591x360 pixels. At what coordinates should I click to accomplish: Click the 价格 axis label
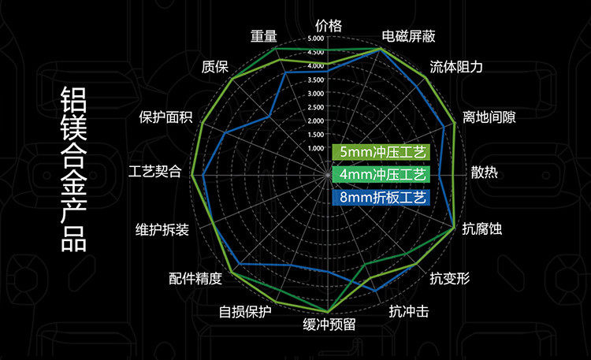329,25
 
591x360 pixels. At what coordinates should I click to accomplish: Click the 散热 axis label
484,173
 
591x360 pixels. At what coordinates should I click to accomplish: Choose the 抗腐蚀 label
481,229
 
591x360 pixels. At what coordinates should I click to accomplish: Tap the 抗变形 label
449,278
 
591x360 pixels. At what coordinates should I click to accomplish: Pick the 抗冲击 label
409,311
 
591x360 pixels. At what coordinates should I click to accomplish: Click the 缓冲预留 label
329,324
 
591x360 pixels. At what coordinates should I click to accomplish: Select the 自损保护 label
245,311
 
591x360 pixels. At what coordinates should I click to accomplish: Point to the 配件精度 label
195,278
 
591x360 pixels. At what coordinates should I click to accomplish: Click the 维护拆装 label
162,229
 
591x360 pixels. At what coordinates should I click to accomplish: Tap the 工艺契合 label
154,172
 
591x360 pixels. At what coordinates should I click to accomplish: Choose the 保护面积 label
165,118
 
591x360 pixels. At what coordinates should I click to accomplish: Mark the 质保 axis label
215,67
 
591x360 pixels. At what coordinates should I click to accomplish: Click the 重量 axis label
264,36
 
